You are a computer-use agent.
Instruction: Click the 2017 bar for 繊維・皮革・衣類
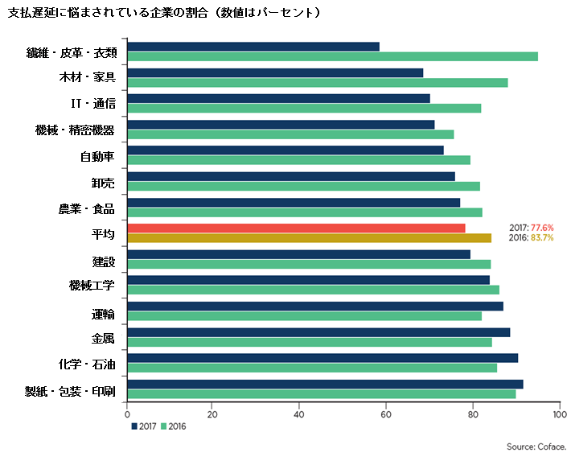tap(253, 47)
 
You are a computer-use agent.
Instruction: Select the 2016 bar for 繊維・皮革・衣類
tap(332, 56)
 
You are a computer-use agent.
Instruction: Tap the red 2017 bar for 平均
tap(296, 228)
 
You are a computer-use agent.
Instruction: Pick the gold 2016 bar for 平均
tap(309, 238)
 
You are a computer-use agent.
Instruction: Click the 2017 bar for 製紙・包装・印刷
tap(325, 384)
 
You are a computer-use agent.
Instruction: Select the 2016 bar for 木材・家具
tap(317, 82)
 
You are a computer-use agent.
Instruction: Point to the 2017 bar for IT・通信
tap(278, 98)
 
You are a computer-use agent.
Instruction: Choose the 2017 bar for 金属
tap(318, 332)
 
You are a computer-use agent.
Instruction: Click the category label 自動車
tap(97, 155)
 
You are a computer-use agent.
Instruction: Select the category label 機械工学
tap(92, 286)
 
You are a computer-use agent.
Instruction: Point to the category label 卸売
tap(102, 181)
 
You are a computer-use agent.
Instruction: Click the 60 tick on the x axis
tap(386, 415)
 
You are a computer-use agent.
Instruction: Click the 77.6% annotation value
tap(542, 228)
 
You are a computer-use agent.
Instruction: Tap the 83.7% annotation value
tap(542, 238)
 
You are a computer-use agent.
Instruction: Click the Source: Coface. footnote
tap(536, 446)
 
